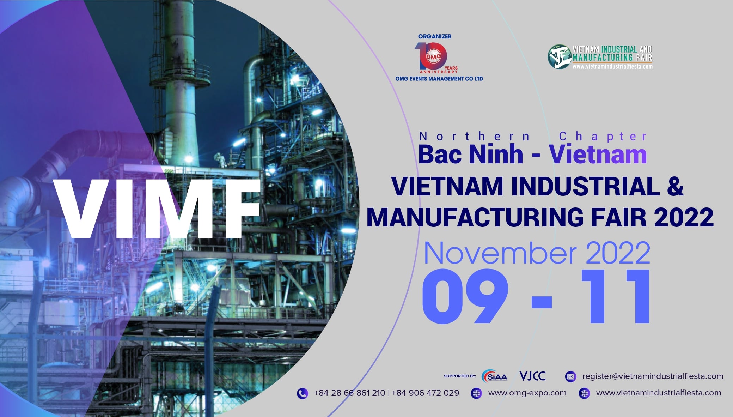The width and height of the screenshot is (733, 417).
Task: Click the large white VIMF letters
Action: (157, 208)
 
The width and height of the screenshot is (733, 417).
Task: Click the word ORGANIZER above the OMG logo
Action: (434, 36)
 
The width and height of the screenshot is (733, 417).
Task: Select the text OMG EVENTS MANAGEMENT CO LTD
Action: (439, 79)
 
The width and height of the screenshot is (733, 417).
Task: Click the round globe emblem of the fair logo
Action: (559, 56)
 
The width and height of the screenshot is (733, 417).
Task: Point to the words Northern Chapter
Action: (533, 136)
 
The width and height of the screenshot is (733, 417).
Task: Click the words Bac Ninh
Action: (471, 155)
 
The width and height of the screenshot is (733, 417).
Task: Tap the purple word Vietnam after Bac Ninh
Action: (598, 155)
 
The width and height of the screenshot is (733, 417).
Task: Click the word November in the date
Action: (500, 253)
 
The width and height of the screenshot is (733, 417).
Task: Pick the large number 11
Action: (616, 296)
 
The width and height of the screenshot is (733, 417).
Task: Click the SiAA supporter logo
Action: (494, 376)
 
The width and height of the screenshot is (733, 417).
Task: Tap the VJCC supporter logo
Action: (532, 376)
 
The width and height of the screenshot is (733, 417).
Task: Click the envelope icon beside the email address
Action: (570, 376)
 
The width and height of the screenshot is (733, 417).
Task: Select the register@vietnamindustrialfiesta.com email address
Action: (653, 376)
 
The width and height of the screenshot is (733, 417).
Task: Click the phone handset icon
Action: (302, 393)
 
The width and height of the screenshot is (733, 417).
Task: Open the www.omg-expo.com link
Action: (527, 393)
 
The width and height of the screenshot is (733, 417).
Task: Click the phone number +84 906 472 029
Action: (425, 393)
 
